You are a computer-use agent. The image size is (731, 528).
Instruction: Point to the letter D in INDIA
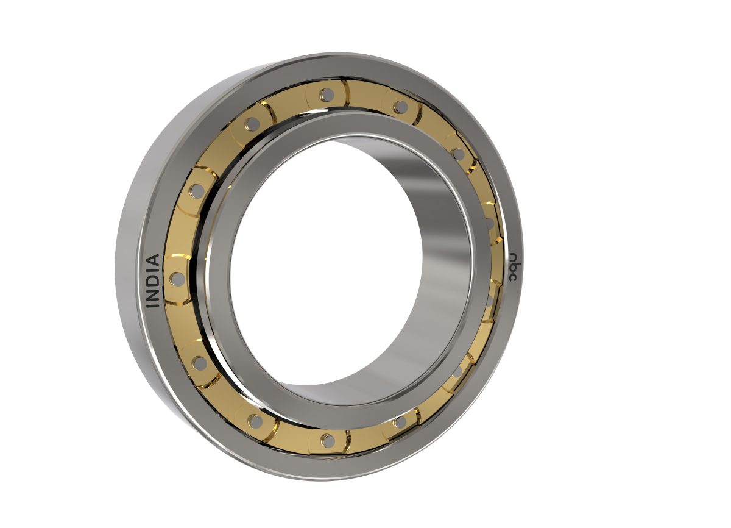pyautogui.click(x=154, y=277)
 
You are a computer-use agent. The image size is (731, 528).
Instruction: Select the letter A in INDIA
pyautogui.click(x=154, y=260)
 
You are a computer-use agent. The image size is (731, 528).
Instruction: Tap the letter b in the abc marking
pyautogui.click(x=512, y=265)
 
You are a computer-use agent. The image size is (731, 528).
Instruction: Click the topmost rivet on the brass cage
pyautogui.click(x=327, y=95)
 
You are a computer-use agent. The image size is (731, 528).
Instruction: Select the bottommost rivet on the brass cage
pyautogui.click(x=328, y=440)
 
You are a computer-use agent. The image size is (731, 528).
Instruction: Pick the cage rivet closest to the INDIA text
pyautogui.click(x=177, y=279)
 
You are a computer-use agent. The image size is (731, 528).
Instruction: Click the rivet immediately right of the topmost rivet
pyautogui.click(x=400, y=107)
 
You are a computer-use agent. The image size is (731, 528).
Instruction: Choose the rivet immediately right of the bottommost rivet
pyautogui.click(x=400, y=422)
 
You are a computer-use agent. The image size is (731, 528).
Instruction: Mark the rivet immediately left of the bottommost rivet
pyautogui.click(x=255, y=421)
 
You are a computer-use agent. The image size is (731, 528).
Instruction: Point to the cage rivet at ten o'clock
pyautogui.click(x=196, y=191)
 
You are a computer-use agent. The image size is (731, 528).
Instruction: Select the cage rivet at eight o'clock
pyautogui.click(x=199, y=364)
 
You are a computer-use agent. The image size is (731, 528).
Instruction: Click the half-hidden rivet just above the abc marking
pyautogui.click(x=489, y=223)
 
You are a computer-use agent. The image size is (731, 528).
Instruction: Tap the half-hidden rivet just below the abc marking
pyautogui.click(x=489, y=300)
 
